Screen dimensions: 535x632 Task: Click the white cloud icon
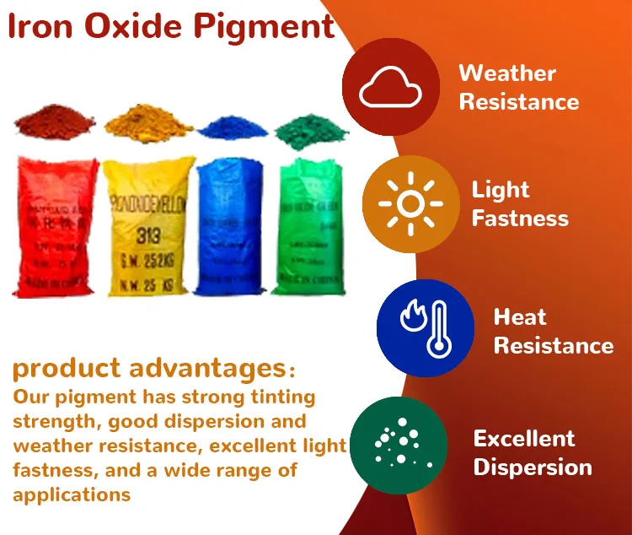[x=390, y=88]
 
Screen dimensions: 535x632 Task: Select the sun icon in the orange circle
[x=410, y=203]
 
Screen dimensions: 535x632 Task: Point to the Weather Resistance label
[x=518, y=87]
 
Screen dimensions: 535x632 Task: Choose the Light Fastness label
[x=519, y=203]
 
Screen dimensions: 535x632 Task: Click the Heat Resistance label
[x=553, y=332]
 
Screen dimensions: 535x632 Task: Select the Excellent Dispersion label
[x=532, y=452]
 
